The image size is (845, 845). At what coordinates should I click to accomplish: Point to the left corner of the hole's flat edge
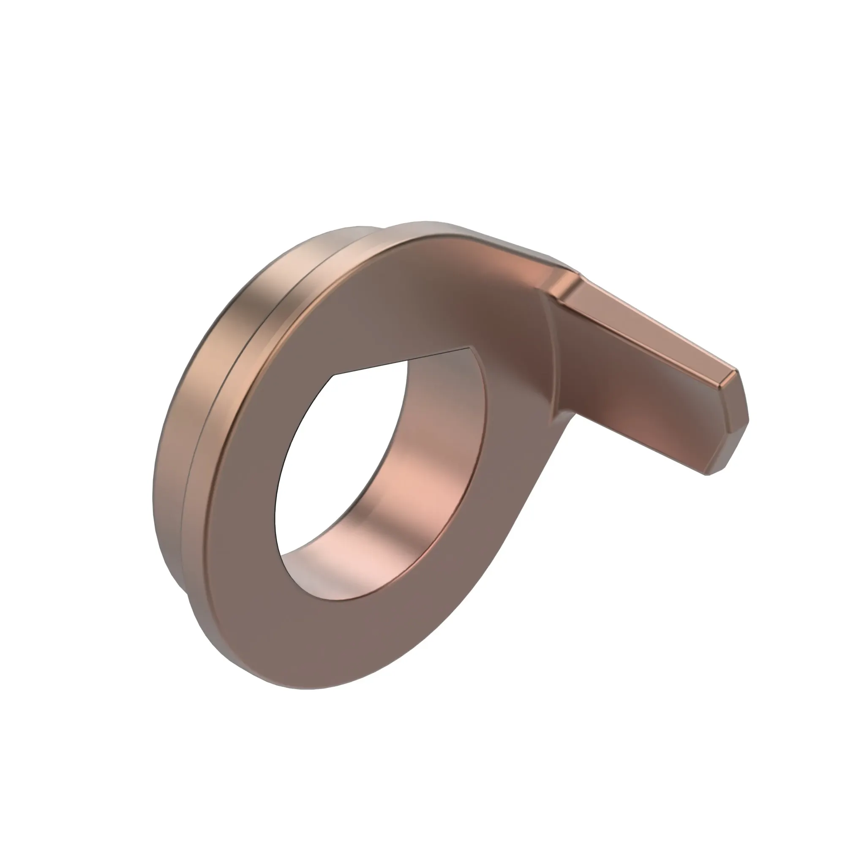coord(334,375)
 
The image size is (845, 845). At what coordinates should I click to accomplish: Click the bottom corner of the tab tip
coord(706,474)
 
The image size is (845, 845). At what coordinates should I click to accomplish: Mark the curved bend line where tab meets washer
coord(552,350)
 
